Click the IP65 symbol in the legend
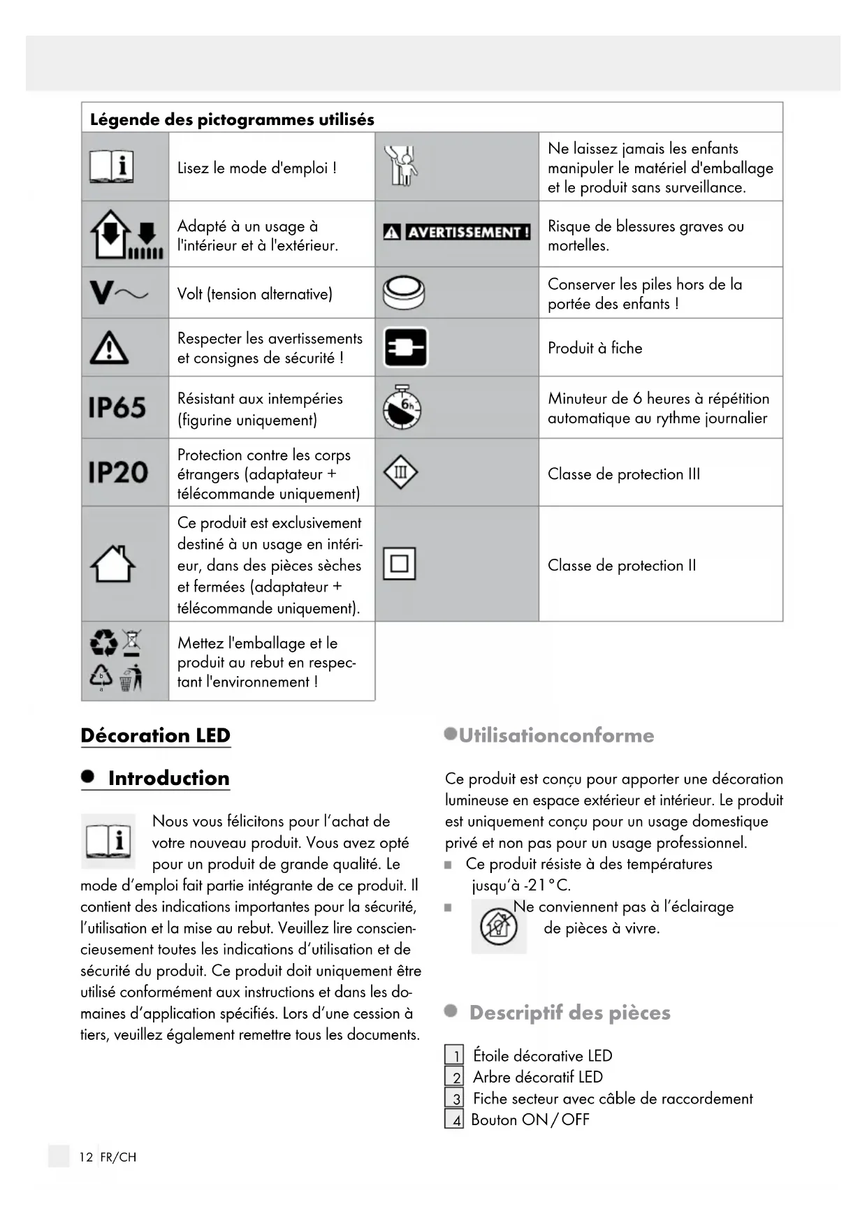(117, 407)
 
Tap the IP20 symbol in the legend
(118, 473)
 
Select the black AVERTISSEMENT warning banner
(457, 232)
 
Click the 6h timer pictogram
(402, 408)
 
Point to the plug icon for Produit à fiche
(406, 347)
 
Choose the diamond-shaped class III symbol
(400, 473)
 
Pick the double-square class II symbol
(400, 564)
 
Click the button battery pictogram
(404, 293)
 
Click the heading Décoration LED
(155, 735)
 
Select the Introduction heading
(168, 778)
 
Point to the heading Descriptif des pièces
(569, 1013)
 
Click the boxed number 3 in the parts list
(454, 1099)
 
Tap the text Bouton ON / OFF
(530, 1120)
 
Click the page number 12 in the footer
(86, 1157)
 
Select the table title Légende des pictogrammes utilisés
(232, 119)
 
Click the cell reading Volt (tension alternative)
(255, 294)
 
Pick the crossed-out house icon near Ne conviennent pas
(498, 927)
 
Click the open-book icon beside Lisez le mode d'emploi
(111, 167)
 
